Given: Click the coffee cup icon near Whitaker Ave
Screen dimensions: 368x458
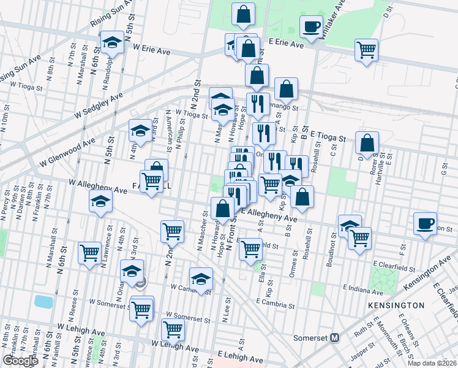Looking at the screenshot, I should (311, 26).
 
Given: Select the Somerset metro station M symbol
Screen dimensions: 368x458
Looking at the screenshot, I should (335, 337).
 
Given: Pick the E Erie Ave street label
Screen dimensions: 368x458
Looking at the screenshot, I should (287, 44).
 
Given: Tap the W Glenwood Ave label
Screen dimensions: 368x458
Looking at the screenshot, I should (67, 152).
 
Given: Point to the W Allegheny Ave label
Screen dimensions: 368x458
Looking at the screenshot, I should (98, 186).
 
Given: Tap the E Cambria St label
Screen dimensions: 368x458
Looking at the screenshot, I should (276, 302).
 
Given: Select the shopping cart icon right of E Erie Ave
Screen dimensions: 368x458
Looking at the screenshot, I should (366, 49).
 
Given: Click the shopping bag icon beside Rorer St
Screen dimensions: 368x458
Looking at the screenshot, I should (367, 142).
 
